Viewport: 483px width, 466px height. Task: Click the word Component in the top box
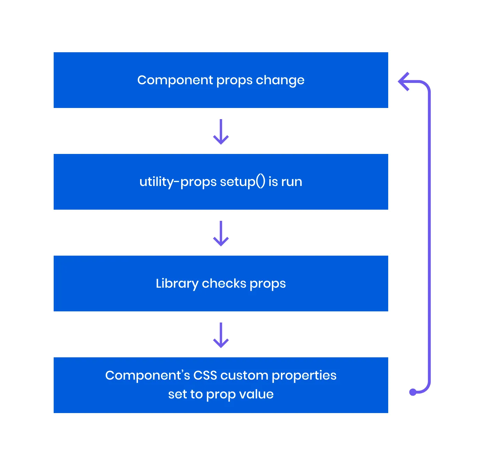click(x=175, y=80)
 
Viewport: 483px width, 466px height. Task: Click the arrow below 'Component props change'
click(x=221, y=132)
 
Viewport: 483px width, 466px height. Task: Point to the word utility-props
click(x=178, y=182)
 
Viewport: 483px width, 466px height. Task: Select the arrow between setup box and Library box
click(x=221, y=233)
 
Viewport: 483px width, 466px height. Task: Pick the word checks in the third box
click(x=224, y=284)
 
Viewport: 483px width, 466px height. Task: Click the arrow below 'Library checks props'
click(x=221, y=335)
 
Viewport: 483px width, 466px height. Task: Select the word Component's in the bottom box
click(x=147, y=375)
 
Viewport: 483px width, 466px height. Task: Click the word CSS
click(x=205, y=375)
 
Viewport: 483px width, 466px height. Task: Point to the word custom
click(x=244, y=375)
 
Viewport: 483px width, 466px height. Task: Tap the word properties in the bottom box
click(x=304, y=376)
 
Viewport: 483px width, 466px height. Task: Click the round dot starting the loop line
click(x=413, y=392)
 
